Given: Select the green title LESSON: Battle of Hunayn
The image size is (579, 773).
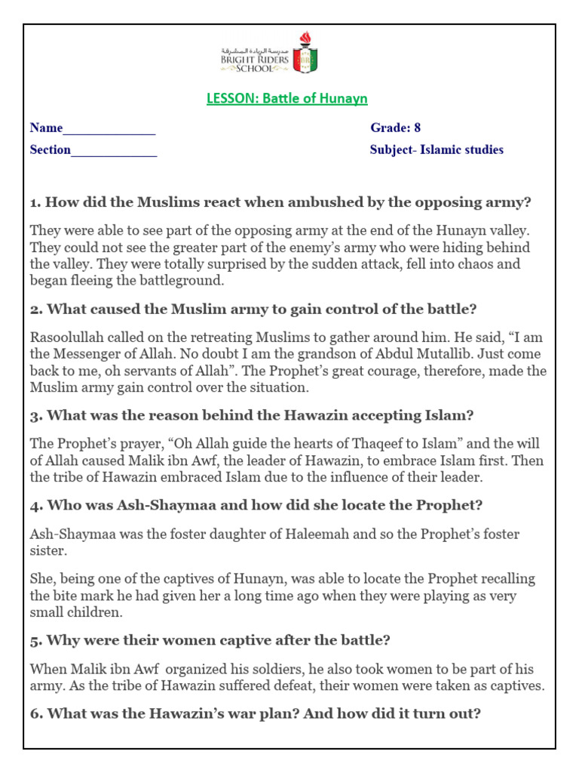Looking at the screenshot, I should tap(287, 99).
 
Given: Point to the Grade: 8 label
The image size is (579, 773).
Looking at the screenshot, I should tap(395, 128).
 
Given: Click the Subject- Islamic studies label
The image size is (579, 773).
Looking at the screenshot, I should tap(437, 149).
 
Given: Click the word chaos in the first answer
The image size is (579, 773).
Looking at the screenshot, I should tap(482, 264).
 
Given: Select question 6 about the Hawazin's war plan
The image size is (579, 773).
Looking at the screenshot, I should tap(255, 713).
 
